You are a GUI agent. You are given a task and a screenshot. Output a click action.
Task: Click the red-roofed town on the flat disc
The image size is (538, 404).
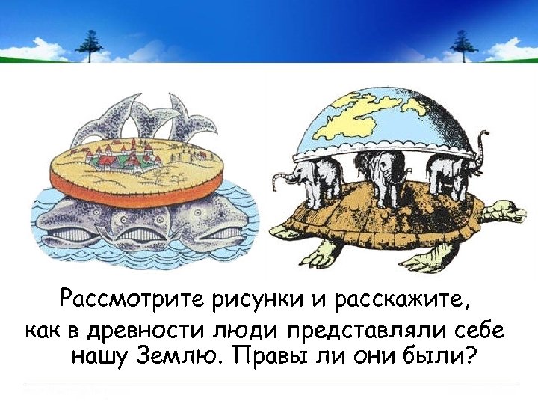pos(123,158)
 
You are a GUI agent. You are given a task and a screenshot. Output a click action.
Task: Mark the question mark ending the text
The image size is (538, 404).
pos(470,355)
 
